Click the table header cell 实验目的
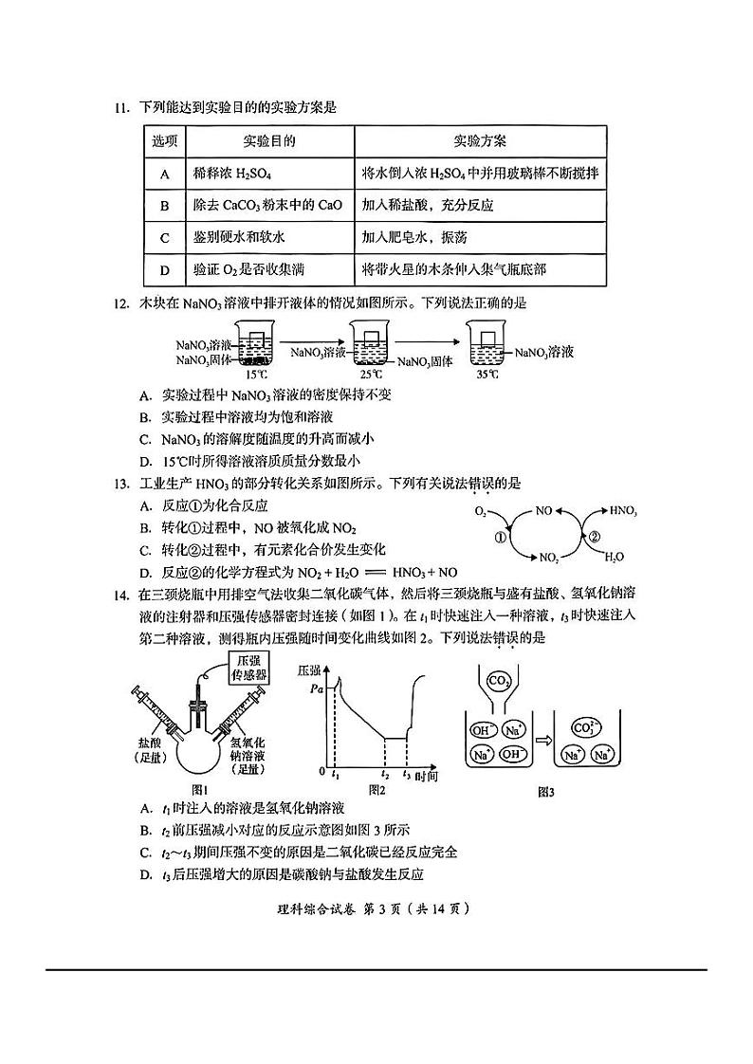click(x=269, y=141)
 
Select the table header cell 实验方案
click(x=480, y=141)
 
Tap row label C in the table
click(x=164, y=238)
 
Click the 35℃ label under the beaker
click(x=486, y=374)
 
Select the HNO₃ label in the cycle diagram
click(x=622, y=510)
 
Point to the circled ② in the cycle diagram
click(x=596, y=536)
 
